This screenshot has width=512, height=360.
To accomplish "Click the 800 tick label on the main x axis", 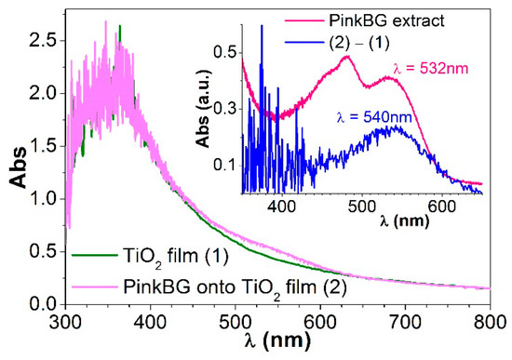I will point(494,322).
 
